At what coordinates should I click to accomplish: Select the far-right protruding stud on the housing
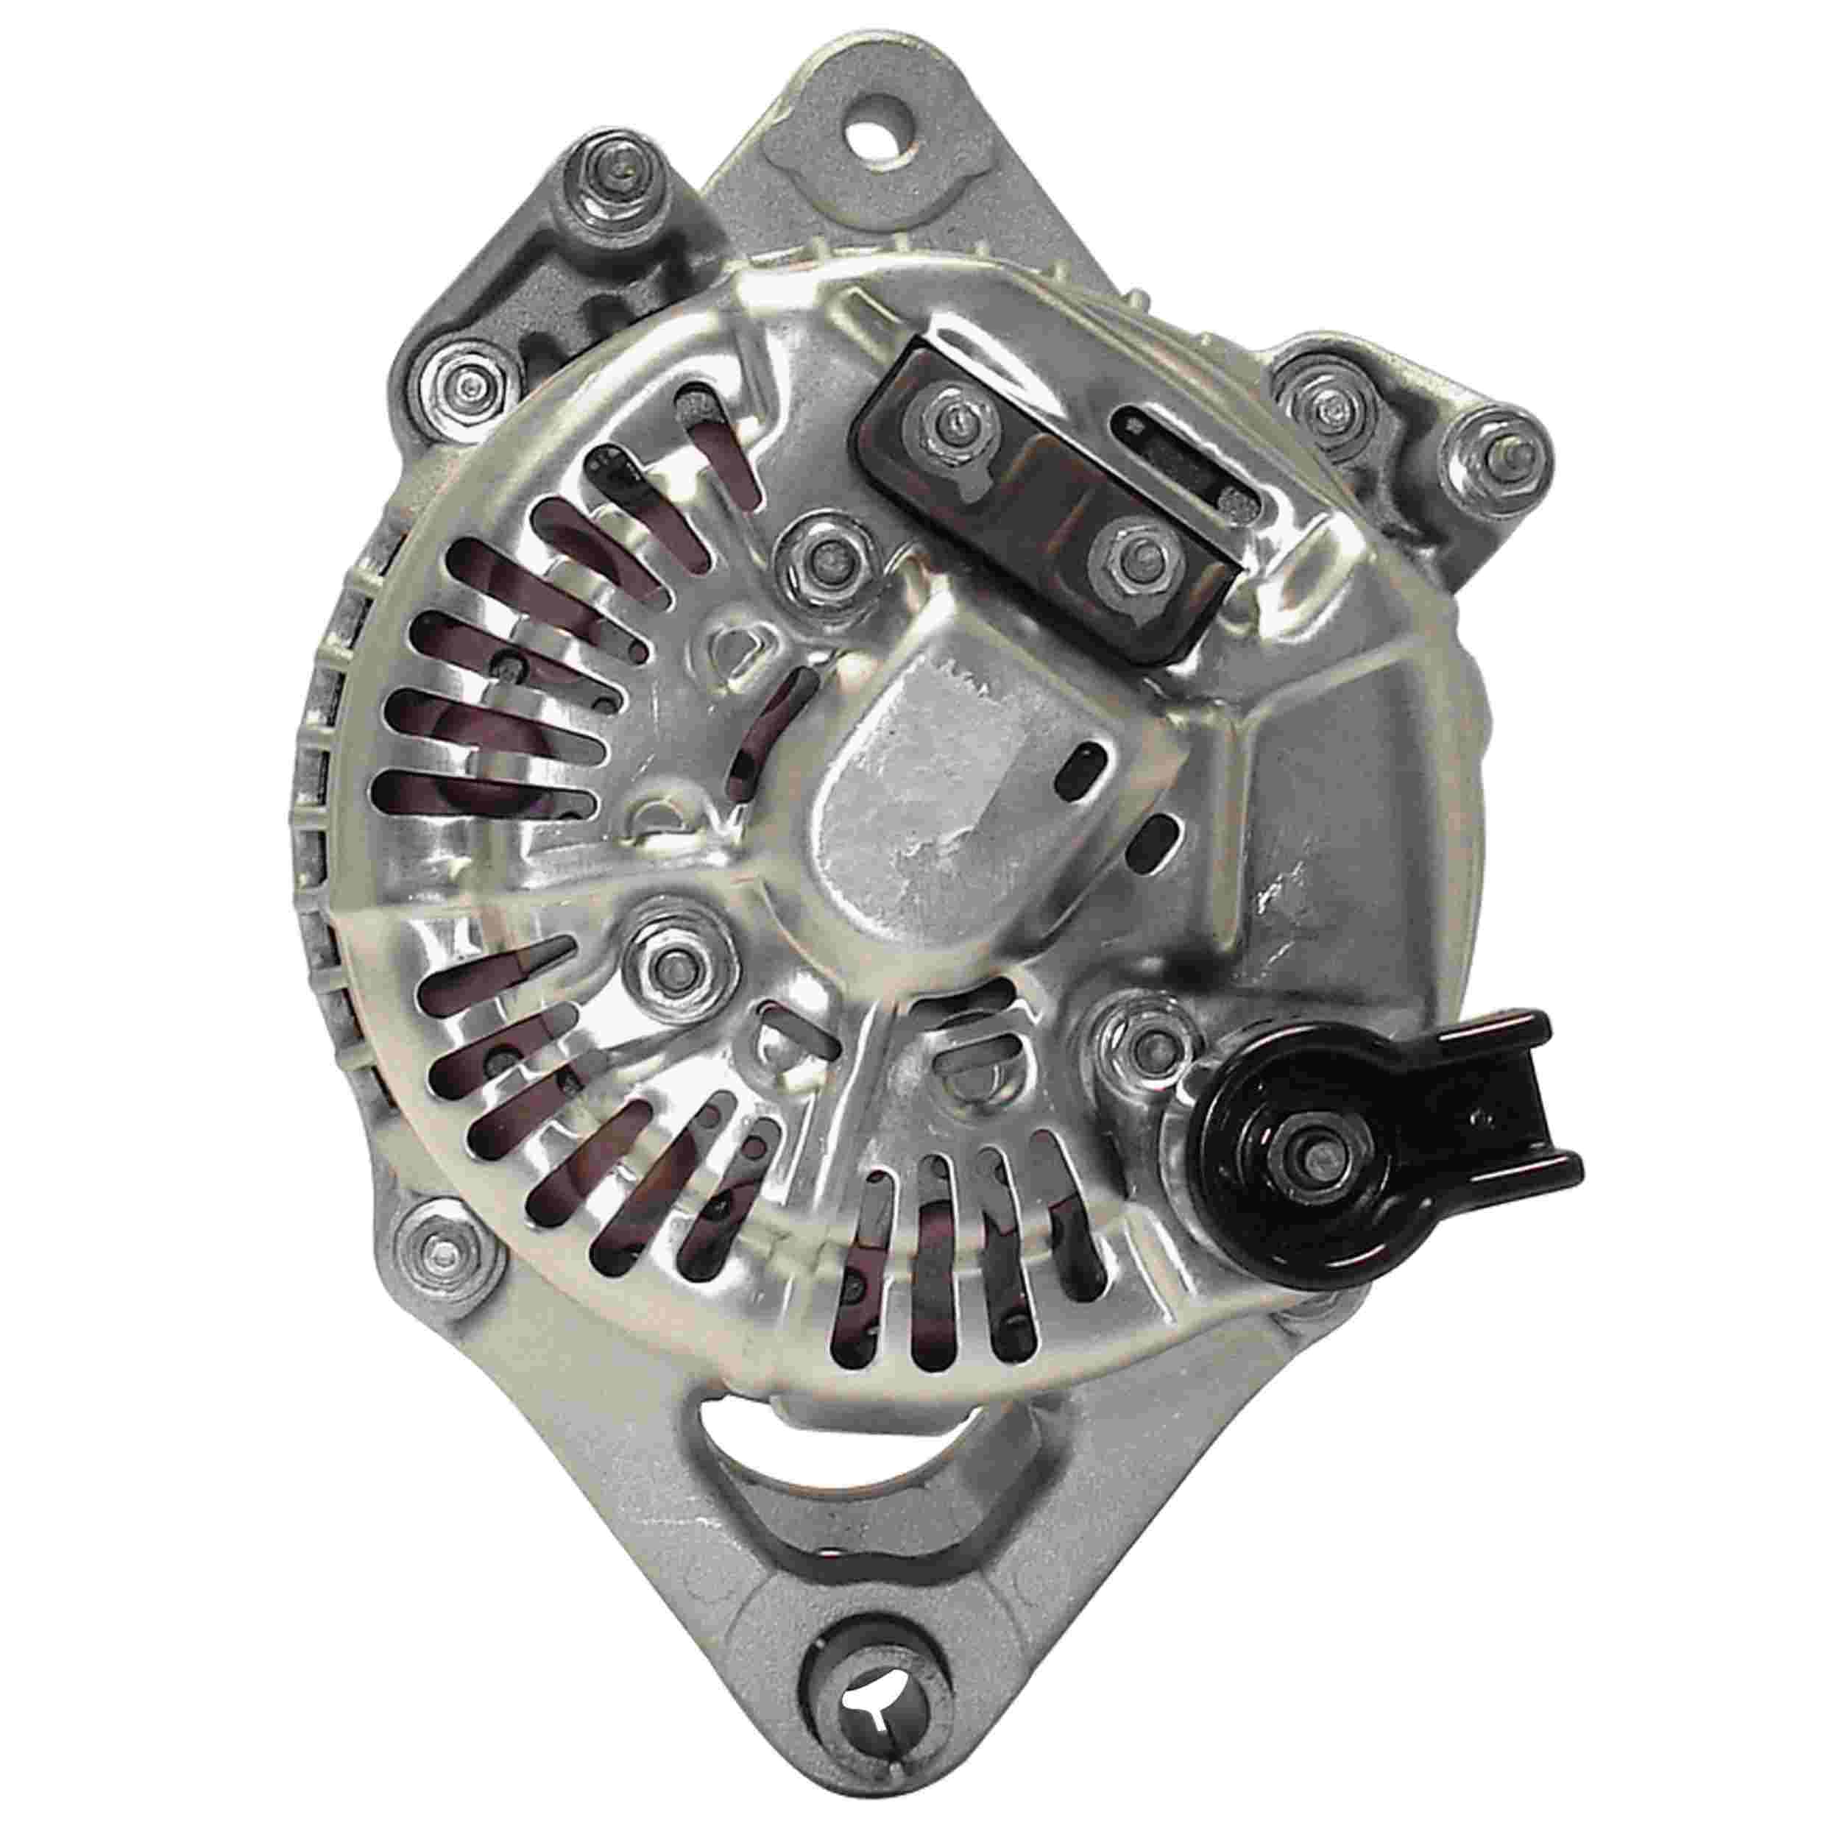click(1493, 460)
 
